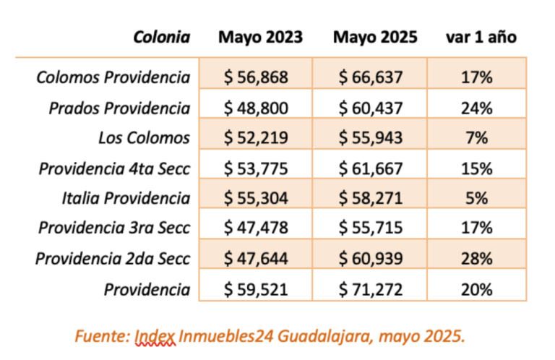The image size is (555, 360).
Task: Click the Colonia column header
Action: (162, 38)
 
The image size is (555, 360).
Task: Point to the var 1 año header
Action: (481, 38)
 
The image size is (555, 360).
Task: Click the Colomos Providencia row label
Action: (113, 77)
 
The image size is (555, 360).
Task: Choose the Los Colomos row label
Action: (145, 138)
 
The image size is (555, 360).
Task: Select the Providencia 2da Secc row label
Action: (113, 259)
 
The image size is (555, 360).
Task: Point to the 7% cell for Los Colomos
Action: (476, 138)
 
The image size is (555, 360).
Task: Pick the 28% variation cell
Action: (476, 259)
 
